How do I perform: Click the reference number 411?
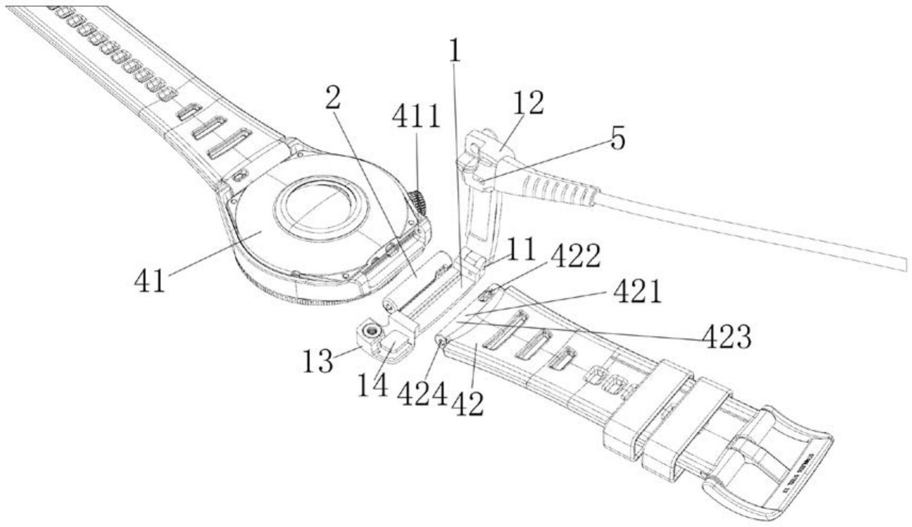417,117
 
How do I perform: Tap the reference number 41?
150,281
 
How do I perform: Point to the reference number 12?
529,103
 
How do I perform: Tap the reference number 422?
575,257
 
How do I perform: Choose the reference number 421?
637,292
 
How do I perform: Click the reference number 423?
727,336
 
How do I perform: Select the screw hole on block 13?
371,332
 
